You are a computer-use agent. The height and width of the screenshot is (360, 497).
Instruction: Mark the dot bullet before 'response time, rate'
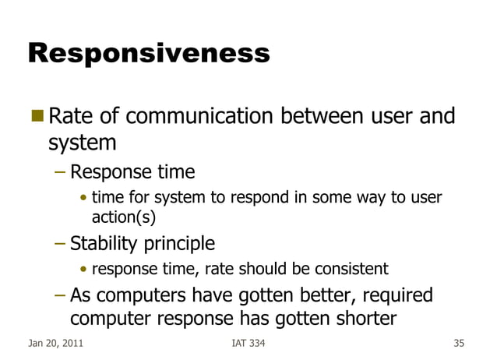[x=83, y=270]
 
